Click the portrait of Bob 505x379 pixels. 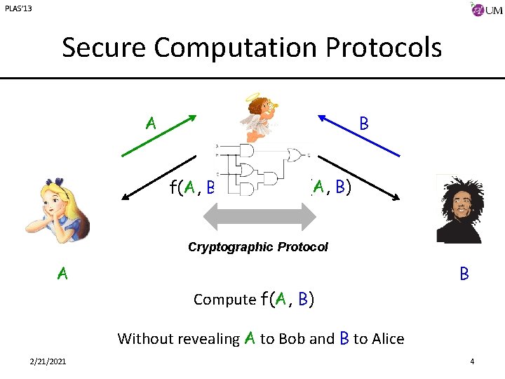pos(459,208)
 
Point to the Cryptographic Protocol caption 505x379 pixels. pos(257,247)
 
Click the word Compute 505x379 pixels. pos(224,300)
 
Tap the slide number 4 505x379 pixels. pos(472,361)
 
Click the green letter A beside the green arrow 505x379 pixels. pos(150,124)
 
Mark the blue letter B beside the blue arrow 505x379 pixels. pos(364,124)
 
